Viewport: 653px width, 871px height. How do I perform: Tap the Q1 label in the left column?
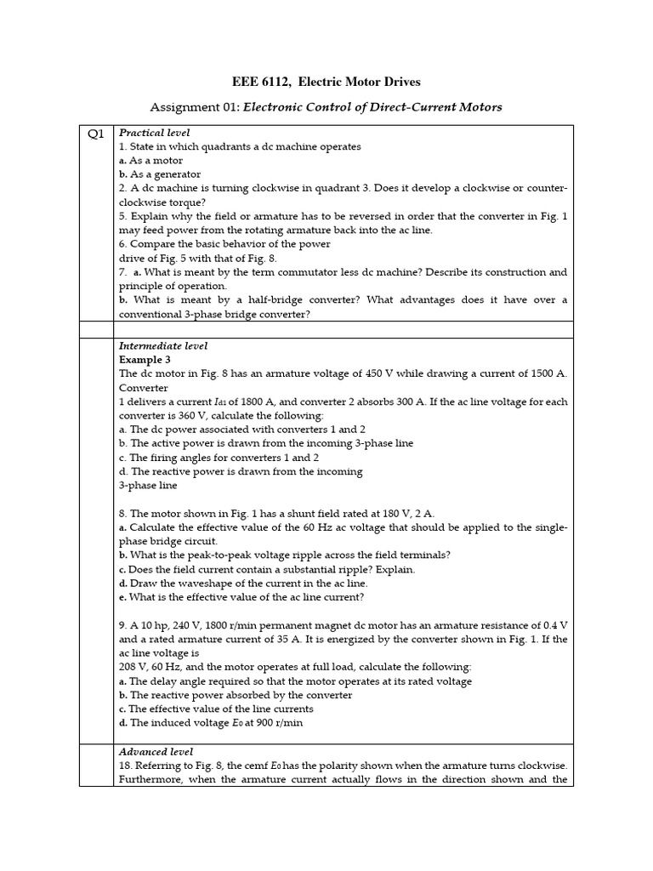point(95,134)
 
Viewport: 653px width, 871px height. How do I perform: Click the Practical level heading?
point(154,133)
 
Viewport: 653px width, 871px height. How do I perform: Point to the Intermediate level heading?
point(162,346)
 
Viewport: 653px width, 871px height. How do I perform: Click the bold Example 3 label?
point(145,360)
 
